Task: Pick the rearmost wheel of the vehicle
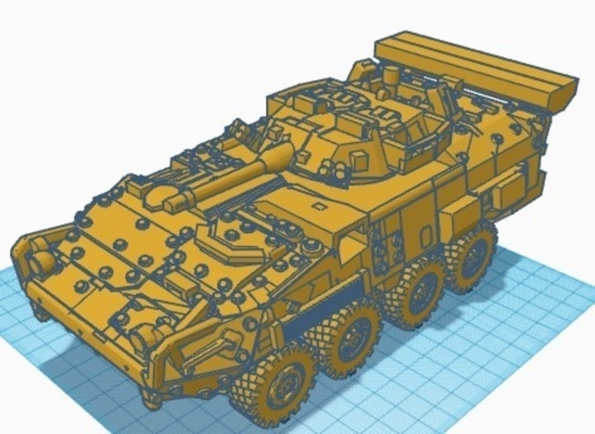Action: (x=473, y=256)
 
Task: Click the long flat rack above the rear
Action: (x=476, y=71)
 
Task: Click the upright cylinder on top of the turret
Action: (x=390, y=74)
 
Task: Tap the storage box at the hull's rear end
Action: (x=513, y=190)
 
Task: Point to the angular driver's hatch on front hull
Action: (x=223, y=238)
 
